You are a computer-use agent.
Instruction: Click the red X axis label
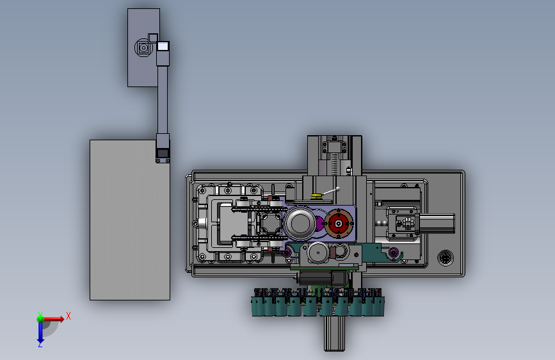tap(68, 316)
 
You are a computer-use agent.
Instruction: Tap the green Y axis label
tap(40, 315)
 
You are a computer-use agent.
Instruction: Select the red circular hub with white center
tap(339, 224)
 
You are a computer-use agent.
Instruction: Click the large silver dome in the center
tap(300, 223)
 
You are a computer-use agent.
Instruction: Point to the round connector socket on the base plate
tap(446, 258)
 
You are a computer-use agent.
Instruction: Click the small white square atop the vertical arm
tap(163, 46)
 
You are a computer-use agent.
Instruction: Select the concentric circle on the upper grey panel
tap(143, 47)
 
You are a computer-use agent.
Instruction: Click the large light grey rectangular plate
tap(129, 220)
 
